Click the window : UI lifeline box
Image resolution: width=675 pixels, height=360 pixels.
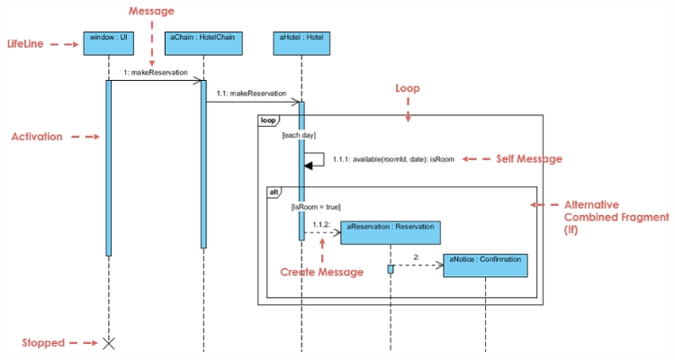tap(108, 42)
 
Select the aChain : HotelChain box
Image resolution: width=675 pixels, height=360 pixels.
tap(203, 42)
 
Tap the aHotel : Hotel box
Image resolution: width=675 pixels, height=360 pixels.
tap(301, 42)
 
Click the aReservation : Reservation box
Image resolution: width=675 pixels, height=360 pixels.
tap(391, 231)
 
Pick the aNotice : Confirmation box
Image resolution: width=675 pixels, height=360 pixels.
tap(485, 265)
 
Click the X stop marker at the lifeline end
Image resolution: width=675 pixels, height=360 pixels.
tap(109, 343)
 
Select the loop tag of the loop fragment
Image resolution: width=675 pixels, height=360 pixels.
tap(268, 120)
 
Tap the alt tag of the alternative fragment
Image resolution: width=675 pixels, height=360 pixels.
tap(275, 192)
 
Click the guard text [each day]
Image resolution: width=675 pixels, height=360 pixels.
tap(298, 135)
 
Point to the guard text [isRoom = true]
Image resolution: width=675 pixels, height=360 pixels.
tap(315, 207)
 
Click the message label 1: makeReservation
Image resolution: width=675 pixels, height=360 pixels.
tap(156, 72)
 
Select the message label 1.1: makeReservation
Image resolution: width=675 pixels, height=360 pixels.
tap(251, 93)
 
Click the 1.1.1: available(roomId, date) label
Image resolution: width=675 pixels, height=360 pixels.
tap(393, 159)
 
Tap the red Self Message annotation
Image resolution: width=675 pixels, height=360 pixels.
tap(528, 158)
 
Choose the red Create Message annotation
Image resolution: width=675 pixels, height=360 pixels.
tap(321, 272)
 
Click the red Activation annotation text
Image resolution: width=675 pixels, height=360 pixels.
tap(37, 137)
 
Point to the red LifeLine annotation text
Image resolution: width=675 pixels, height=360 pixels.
tap(25, 43)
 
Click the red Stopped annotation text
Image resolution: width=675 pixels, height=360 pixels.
tap(43, 343)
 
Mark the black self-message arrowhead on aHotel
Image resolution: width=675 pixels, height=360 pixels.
tap(310, 165)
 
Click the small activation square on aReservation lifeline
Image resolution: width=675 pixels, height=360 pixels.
tap(391, 269)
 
